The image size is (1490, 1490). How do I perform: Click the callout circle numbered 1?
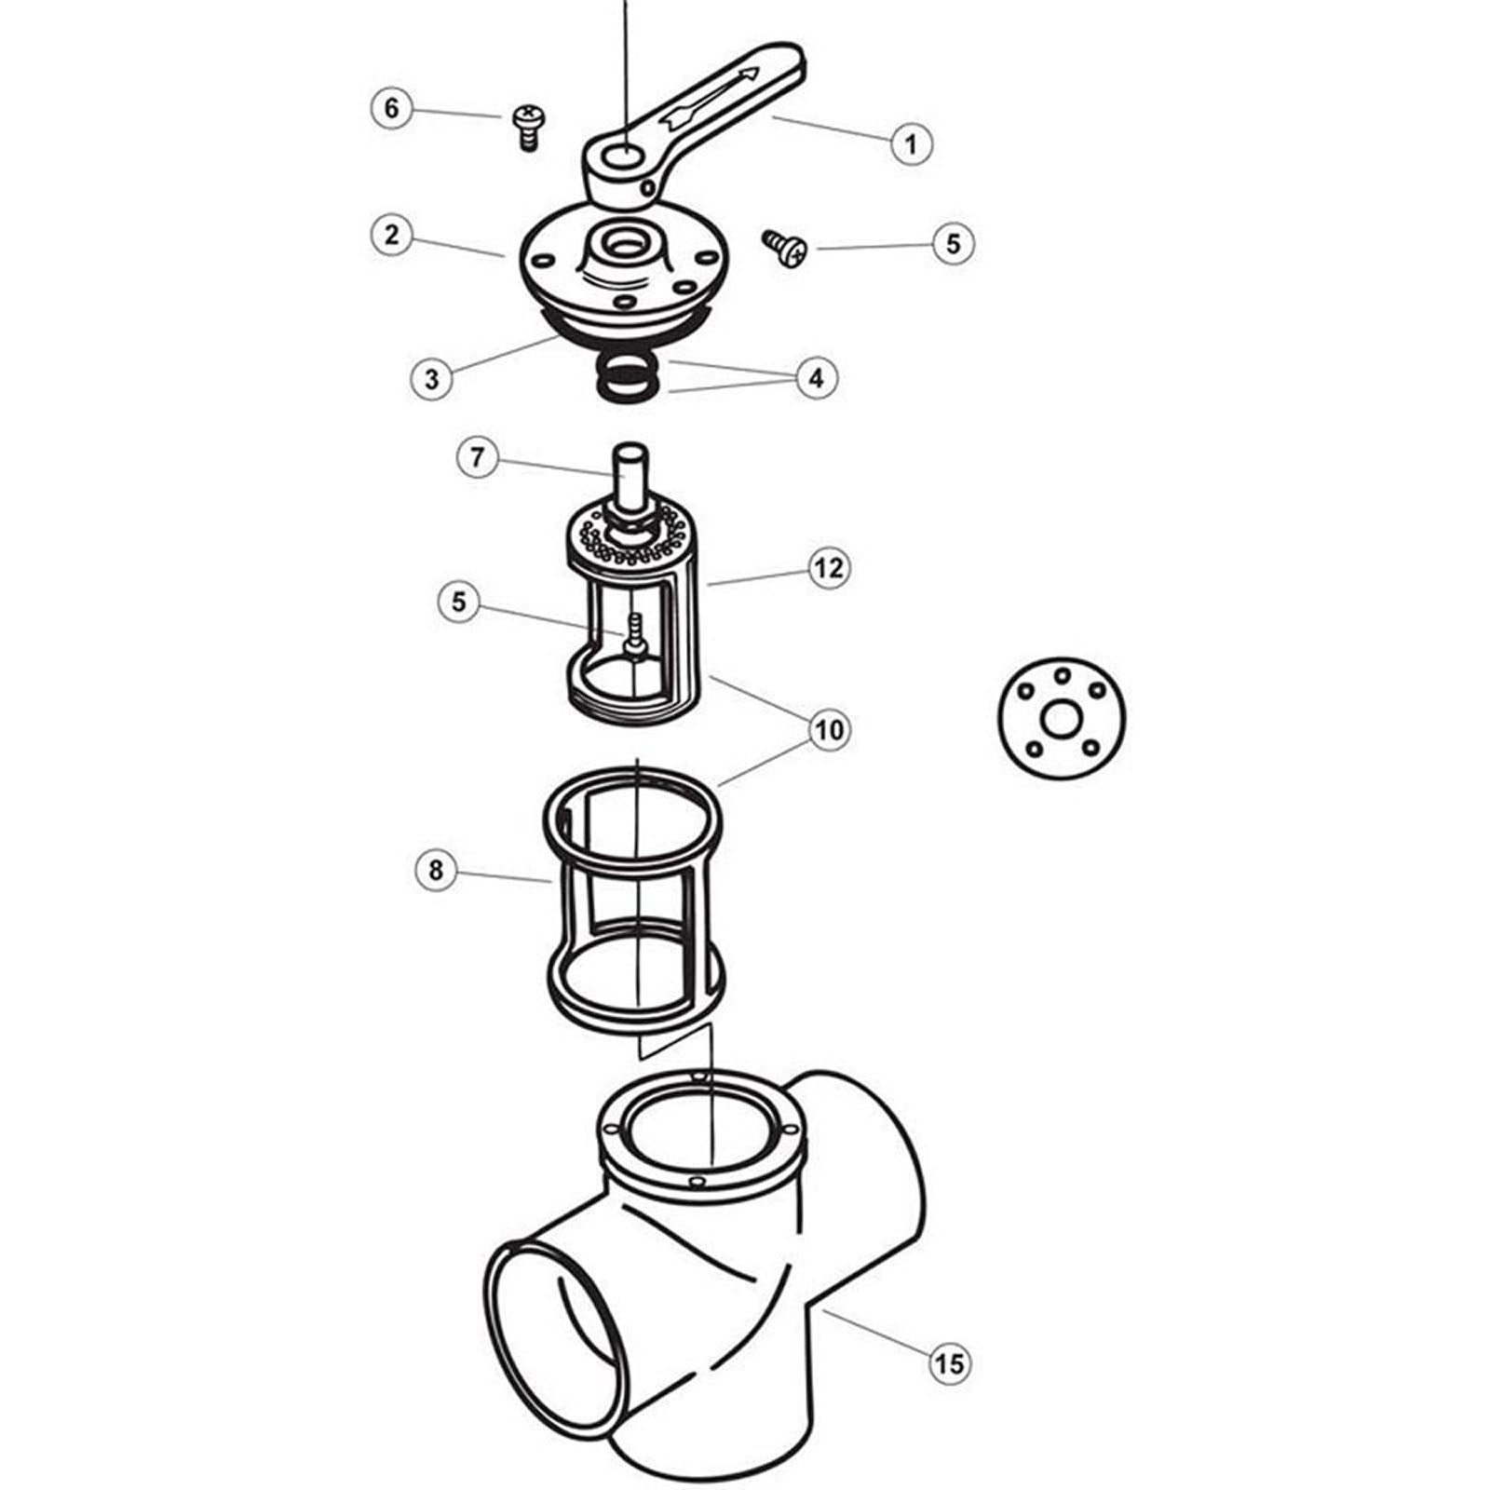click(911, 143)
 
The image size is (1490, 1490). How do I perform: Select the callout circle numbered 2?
click(391, 234)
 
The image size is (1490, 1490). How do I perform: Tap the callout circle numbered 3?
click(431, 379)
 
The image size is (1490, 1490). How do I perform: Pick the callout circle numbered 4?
click(816, 378)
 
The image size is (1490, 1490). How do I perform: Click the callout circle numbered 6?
click(391, 108)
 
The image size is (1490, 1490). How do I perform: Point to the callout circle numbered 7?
click(477, 457)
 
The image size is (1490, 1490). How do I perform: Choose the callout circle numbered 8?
click(436, 871)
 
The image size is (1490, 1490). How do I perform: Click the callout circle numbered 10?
click(829, 728)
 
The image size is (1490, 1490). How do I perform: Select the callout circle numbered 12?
click(829, 567)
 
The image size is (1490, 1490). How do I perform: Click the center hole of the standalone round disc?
click(1061, 719)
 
